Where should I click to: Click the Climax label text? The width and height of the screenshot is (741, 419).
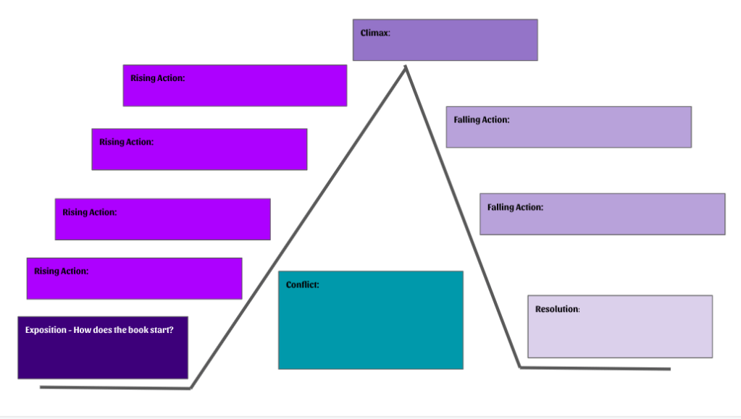[x=375, y=33]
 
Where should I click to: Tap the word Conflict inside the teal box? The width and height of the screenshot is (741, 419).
[x=302, y=285]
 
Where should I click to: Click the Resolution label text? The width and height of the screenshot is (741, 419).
[x=557, y=309]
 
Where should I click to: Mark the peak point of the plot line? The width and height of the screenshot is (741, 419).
[x=406, y=67]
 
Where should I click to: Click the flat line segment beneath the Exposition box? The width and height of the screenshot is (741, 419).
[x=116, y=388]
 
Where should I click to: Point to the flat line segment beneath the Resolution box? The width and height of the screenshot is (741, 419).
[x=594, y=368]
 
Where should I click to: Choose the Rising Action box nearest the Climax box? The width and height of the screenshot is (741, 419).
[x=235, y=85]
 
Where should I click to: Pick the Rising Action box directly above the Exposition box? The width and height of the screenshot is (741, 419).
[x=134, y=279]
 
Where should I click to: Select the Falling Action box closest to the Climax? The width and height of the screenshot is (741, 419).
[x=568, y=127]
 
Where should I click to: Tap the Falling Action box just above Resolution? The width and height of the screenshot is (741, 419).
[x=602, y=214]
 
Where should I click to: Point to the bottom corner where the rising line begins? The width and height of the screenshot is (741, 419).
[x=191, y=388]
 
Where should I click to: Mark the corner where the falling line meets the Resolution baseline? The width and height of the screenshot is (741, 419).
[x=520, y=368]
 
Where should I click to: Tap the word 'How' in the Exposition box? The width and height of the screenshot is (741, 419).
[x=83, y=330]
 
